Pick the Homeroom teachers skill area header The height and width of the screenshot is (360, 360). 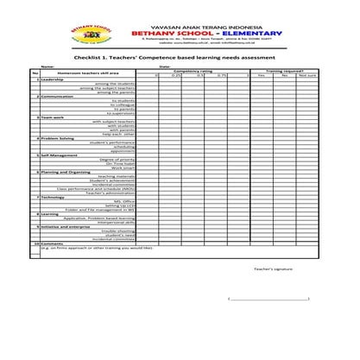pyautogui.click(x=68, y=76)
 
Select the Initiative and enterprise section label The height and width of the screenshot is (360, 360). pyautogui.click(x=66, y=226)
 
